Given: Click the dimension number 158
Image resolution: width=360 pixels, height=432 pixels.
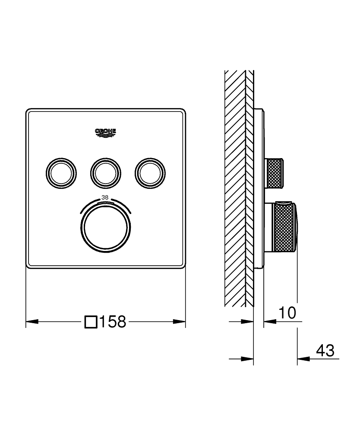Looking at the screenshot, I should click(x=112, y=321).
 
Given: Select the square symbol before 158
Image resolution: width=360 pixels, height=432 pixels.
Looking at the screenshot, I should click(x=91, y=321).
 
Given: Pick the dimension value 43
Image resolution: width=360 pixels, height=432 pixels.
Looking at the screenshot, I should click(x=325, y=351).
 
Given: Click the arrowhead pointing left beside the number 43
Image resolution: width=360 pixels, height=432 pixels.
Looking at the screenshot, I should click(x=303, y=359).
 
